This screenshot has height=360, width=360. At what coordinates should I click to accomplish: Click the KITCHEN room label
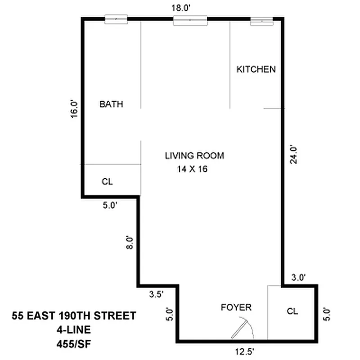pos(256,69)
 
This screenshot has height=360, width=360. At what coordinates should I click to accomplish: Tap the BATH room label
pos(111,104)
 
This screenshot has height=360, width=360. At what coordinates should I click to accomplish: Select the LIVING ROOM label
pos(194,156)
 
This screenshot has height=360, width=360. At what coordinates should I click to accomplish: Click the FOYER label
pos(236,308)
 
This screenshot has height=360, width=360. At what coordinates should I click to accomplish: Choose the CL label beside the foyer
pos(292,311)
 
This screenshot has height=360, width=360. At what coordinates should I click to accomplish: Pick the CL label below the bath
pos(107,182)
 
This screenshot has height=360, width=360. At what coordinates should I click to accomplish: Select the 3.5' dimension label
pos(156,295)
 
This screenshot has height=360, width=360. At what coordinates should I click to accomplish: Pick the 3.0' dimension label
pos(298,278)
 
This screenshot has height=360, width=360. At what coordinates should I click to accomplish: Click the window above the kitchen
pos(261,20)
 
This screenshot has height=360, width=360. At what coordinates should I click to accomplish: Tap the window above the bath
pos(116,19)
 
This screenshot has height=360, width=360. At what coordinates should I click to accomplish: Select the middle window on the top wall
pos(190,20)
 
